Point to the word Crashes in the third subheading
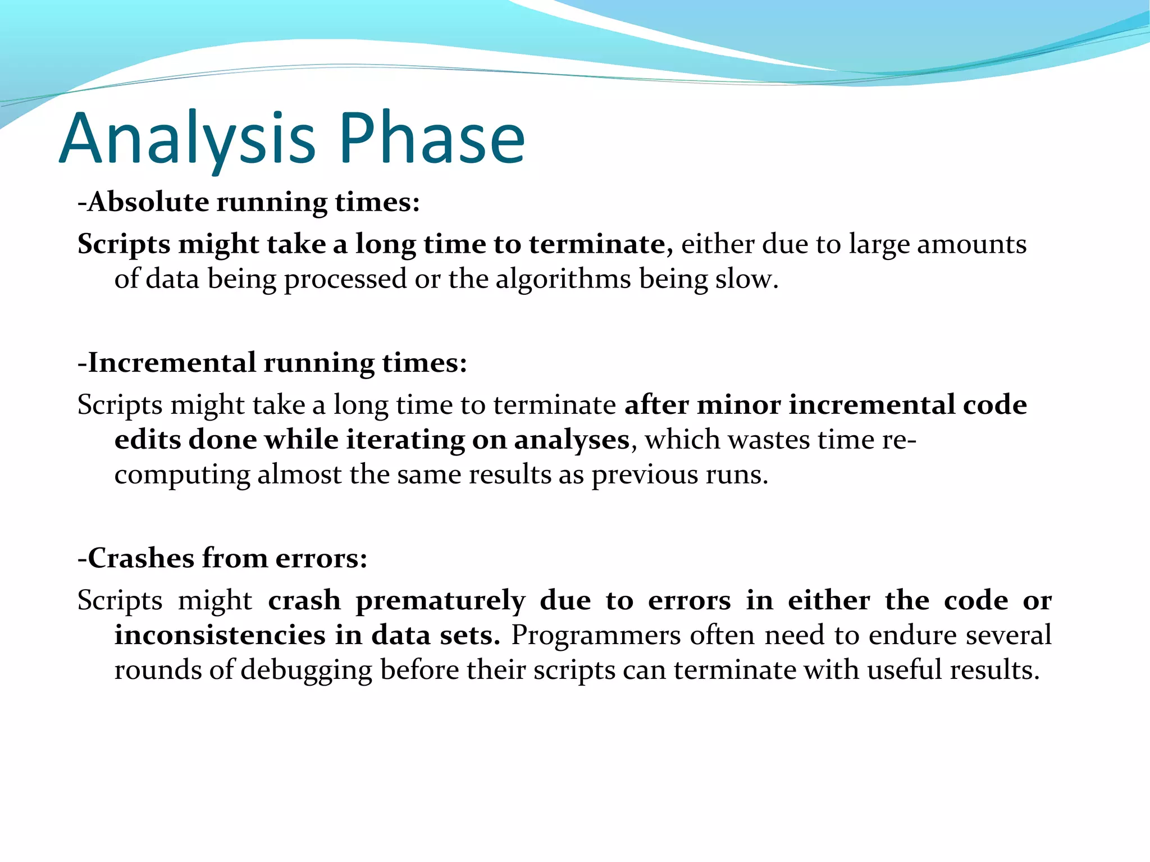click(x=140, y=558)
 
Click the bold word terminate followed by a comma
click(x=597, y=244)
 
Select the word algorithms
click(x=563, y=279)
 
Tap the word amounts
click(x=971, y=244)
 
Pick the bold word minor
click(x=738, y=405)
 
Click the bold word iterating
click(x=404, y=440)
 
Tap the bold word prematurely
click(x=440, y=600)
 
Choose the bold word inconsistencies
click(x=220, y=635)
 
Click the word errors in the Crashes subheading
click(x=321, y=558)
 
